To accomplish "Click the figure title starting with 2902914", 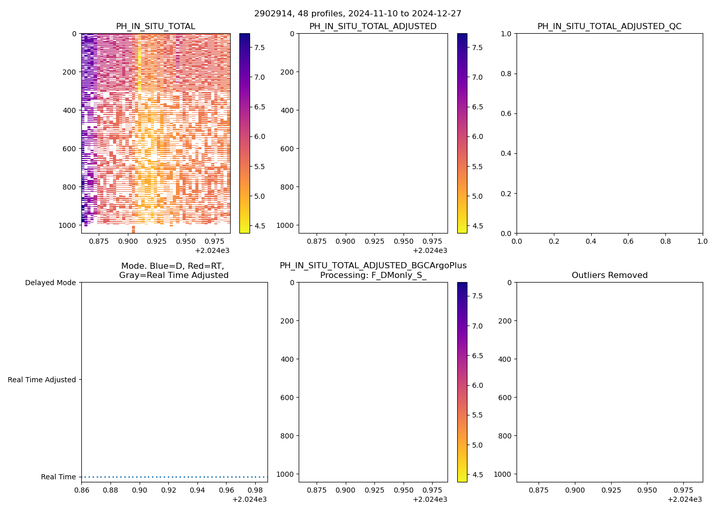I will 357,13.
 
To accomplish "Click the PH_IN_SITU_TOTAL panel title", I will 155,26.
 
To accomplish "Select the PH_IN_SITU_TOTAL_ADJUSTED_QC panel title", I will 609,26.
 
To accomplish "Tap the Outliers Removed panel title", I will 609,275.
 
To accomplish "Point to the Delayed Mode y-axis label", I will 50,283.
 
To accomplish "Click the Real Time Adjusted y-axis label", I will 42,380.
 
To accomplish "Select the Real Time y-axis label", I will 58,477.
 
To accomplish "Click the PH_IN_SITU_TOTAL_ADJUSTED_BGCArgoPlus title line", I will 373,266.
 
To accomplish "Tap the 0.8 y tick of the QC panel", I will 508,74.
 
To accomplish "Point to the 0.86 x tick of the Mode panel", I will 82,490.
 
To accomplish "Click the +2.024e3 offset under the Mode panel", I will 249,499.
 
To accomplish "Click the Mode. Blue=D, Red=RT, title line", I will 173,266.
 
